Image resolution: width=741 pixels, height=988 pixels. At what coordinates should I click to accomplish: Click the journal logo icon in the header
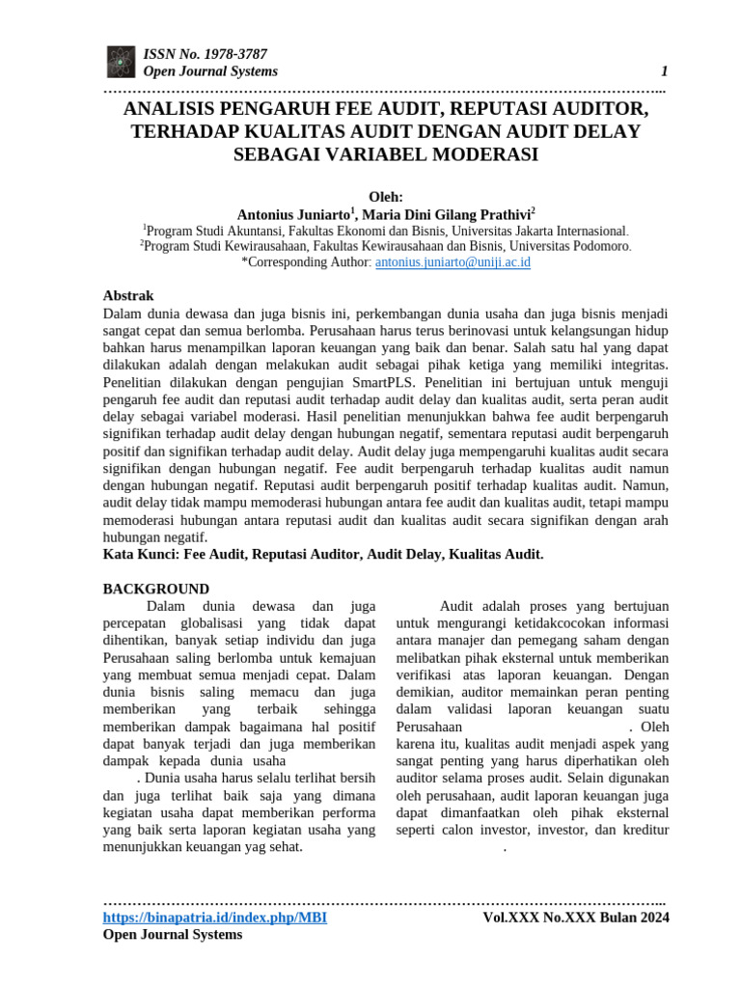[121, 62]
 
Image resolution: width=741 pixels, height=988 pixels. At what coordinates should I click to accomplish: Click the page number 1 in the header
[664, 71]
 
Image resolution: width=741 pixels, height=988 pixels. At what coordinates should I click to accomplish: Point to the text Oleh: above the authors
[386, 196]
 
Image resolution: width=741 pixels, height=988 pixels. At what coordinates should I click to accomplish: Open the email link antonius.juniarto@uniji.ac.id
[453, 261]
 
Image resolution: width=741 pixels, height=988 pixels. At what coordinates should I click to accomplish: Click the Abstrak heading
[128, 295]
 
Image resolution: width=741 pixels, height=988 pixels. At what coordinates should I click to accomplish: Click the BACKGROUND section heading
[156, 589]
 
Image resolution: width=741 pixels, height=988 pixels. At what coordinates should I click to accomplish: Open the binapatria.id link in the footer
[214, 917]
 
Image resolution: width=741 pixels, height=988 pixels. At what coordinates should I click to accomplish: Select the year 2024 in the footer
[651, 917]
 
